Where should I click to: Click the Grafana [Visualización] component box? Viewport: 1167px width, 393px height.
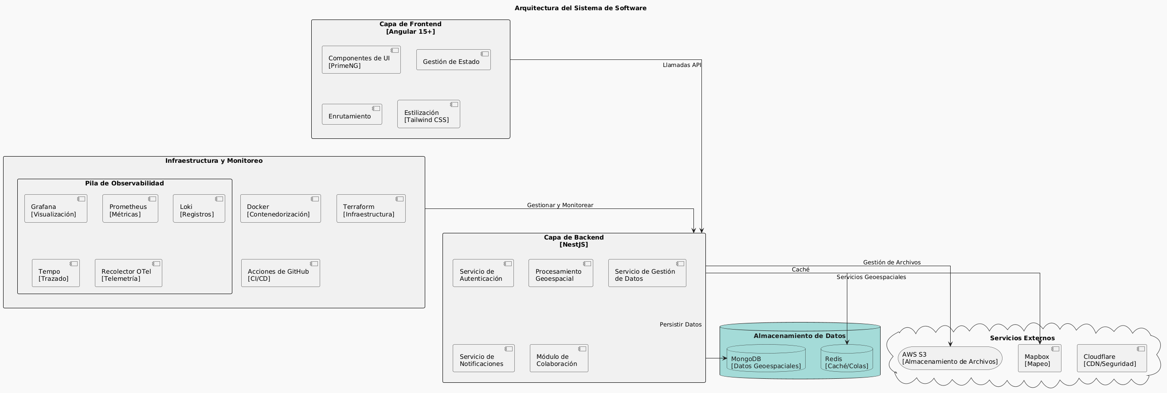[56, 208]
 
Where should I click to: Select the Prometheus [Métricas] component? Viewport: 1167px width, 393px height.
[130, 208]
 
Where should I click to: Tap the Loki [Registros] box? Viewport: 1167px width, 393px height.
[199, 208]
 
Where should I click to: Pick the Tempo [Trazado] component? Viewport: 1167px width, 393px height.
[56, 273]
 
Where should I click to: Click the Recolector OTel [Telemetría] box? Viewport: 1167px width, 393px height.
[128, 273]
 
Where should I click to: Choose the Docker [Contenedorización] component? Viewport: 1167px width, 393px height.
[280, 208]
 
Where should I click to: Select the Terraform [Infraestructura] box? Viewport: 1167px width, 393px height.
[371, 208]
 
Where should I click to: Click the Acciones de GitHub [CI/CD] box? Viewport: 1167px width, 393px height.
[280, 273]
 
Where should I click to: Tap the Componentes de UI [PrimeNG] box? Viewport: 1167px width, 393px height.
[361, 59]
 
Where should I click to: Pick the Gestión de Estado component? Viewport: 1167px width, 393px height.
[453, 60]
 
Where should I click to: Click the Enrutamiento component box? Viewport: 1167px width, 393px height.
[352, 114]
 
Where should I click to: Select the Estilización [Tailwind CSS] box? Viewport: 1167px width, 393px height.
[429, 114]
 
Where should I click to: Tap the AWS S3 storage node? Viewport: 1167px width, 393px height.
[950, 358]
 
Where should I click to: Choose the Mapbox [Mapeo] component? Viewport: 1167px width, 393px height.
[1039, 358]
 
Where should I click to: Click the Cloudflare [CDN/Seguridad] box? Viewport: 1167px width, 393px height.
[1111, 358]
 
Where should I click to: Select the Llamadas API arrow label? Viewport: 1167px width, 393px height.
[681, 65]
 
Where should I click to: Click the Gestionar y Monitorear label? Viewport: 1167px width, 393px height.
[560, 205]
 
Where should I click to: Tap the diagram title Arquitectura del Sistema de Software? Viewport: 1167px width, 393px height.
[580, 8]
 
